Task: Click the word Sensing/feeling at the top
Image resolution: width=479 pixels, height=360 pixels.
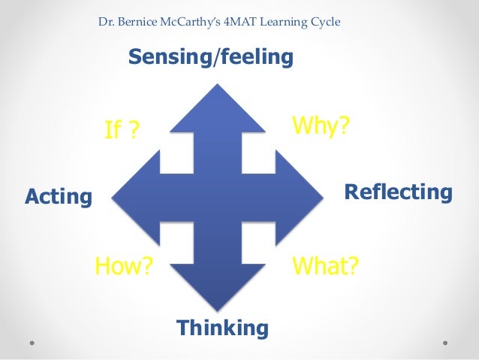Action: (210, 57)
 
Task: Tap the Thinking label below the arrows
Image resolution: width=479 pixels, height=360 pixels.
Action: (221, 328)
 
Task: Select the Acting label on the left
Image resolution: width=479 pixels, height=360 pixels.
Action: (59, 198)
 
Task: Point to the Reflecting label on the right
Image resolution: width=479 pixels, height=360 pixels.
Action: (398, 192)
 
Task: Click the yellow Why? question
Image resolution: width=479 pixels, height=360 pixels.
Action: (321, 126)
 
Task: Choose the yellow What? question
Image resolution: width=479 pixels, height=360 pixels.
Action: (325, 265)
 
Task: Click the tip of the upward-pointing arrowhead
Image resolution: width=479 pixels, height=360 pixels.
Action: (218, 86)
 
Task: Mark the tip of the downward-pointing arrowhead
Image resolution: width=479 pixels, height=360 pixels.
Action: (218, 310)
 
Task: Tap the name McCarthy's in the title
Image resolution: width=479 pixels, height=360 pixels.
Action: (206, 22)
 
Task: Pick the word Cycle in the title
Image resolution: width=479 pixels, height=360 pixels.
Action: (326, 22)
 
